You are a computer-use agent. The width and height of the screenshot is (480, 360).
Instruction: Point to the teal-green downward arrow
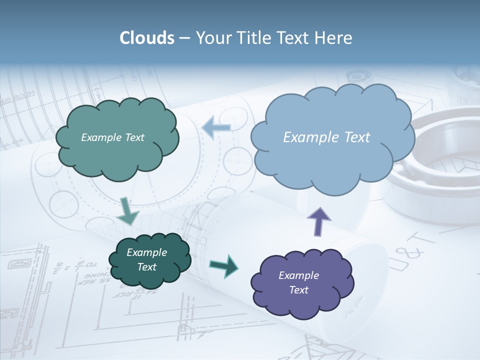pos(127,211)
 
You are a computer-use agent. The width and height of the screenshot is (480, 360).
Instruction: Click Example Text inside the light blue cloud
pos(326,137)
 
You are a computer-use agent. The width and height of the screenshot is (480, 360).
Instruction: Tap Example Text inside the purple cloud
pos(298,282)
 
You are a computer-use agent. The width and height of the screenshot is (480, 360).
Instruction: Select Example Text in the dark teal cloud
pos(146,259)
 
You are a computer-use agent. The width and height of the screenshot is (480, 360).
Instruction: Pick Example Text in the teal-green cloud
pos(112,137)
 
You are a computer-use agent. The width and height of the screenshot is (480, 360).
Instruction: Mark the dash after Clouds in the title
pos(184,38)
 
